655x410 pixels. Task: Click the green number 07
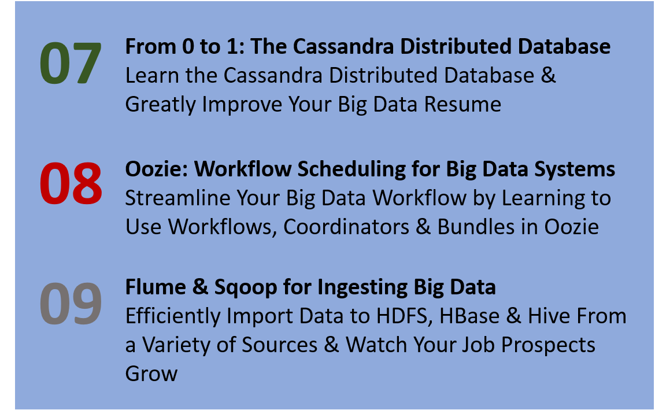coord(70,63)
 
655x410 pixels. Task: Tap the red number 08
coord(71,183)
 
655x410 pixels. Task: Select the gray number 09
coord(71,304)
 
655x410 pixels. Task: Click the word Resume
coord(462,104)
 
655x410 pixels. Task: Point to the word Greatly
coord(160,105)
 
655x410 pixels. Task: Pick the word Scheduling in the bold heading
coord(351,169)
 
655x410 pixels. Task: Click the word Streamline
coord(177,198)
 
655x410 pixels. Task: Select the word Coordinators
coord(346,227)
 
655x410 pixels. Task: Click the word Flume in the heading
coord(156,287)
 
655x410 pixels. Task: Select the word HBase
coord(469,316)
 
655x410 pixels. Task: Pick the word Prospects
coord(548,346)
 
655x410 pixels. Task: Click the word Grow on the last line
coord(151,374)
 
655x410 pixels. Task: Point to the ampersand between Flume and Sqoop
coord(200,287)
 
